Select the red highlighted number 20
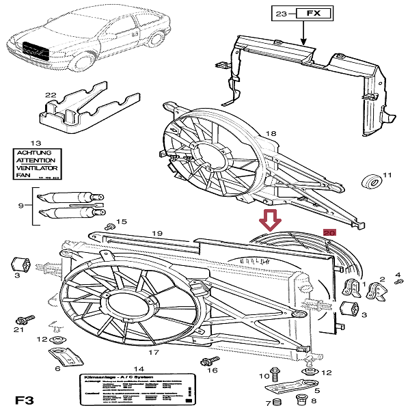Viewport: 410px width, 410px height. [x=329, y=233]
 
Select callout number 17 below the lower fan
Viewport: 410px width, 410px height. [x=154, y=353]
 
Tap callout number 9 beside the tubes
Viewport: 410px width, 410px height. [x=21, y=205]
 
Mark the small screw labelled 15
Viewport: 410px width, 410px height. [x=109, y=226]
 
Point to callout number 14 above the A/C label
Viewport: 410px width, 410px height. [x=139, y=368]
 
